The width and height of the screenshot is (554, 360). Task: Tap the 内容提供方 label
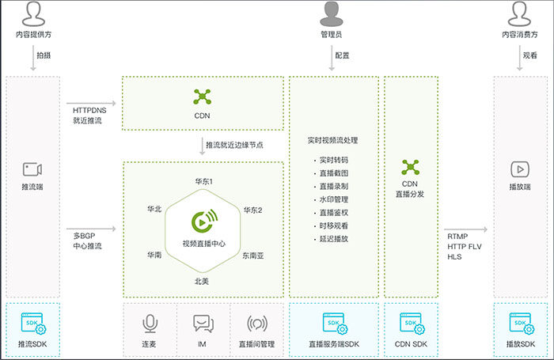34,36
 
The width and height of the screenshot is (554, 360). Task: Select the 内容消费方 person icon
520,13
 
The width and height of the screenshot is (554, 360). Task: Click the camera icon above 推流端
32,169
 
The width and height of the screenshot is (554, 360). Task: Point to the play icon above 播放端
520,169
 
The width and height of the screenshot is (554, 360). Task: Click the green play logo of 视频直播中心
203,223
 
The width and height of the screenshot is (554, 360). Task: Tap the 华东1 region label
203,182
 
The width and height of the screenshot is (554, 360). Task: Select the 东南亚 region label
254,255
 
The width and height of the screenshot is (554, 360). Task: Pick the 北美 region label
203,281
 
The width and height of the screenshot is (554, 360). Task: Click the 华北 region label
154,210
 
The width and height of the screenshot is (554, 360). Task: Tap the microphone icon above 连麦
149,324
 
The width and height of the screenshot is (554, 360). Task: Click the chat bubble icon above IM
203,324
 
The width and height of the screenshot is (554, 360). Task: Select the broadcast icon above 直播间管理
256,324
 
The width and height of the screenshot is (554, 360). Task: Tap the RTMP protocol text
457,236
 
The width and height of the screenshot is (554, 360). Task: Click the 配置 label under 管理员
343,55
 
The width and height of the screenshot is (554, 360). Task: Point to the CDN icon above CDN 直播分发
410,166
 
